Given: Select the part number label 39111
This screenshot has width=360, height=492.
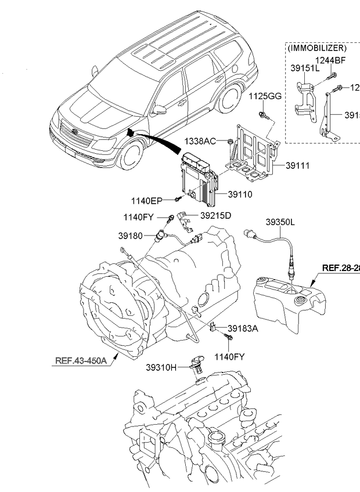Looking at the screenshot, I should tap(297, 166).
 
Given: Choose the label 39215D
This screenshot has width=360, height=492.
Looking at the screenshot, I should tap(216, 216).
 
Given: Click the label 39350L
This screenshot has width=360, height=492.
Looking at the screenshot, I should tap(281, 222).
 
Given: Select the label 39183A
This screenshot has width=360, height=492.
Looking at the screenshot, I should tap(243, 328).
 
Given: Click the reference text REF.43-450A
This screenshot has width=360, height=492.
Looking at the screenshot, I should tap(81, 360).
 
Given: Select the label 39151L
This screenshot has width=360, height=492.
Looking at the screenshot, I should tap(305, 68).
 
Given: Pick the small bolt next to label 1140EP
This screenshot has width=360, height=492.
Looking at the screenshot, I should tap(176, 200).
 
